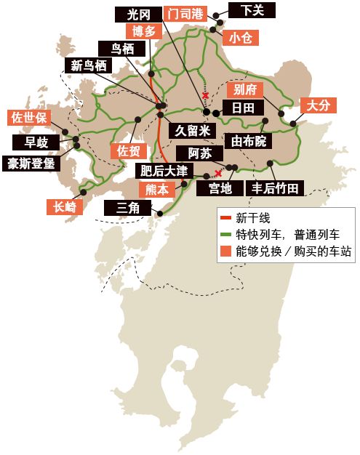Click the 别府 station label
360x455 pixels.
[x=243, y=90]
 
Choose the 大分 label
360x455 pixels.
[x=318, y=105]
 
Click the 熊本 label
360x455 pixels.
[x=157, y=189]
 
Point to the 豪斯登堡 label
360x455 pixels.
[x=31, y=163]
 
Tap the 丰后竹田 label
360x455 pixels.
[x=275, y=188]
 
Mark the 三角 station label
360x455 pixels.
[x=127, y=207]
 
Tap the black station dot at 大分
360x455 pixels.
[x=294, y=124]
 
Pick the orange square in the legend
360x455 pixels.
[x=227, y=251]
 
